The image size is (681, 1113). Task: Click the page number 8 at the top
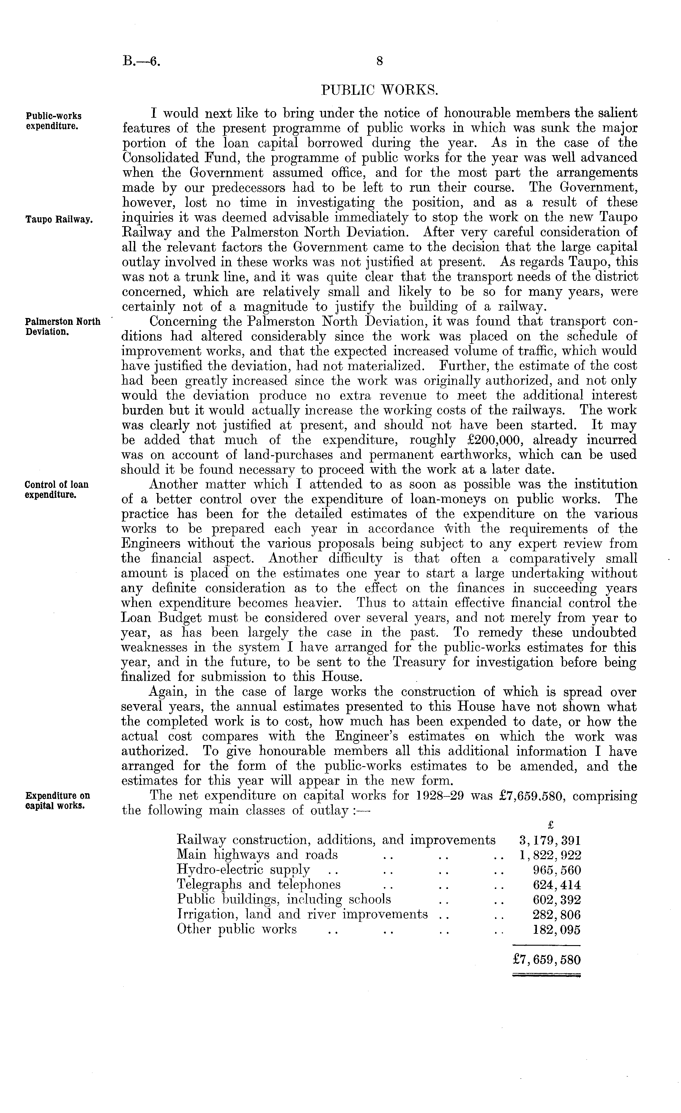pyautogui.click(x=379, y=61)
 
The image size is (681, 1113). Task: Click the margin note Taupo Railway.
pyautogui.click(x=59, y=220)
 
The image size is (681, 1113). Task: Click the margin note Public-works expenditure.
pyautogui.click(x=53, y=121)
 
